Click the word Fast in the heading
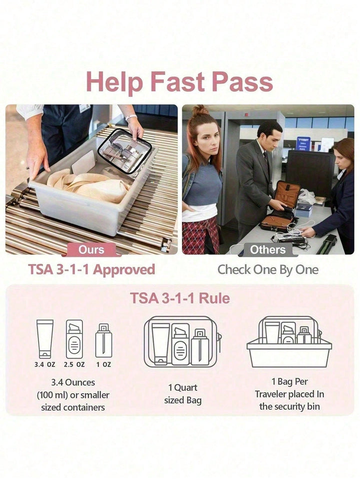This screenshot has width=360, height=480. [x=178, y=82]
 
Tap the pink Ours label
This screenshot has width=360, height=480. [x=91, y=249]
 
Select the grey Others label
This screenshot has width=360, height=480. [x=267, y=249]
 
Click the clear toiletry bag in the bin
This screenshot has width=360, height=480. [x=125, y=152]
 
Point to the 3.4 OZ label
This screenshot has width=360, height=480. [x=44, y=364]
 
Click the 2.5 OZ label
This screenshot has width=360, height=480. [x=74, y=364]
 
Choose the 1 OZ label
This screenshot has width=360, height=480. [x=103, y=364]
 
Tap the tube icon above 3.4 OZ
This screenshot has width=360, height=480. [x=44, y=339]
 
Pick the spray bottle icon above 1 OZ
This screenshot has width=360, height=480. [x=103, y=340]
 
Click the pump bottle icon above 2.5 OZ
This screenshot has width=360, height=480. [x=74, y=339]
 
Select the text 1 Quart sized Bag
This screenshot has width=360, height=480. [x=182, y=394]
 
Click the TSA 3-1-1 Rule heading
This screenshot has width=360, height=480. [x=180, y=298]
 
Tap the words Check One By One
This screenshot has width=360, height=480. [x=268, y=270]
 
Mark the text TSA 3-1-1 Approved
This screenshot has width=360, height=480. [x=91, y=270]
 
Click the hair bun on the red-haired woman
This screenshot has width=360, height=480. [x=200, y=110]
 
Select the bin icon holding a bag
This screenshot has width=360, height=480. [x=289, y=342]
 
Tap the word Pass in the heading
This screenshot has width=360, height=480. [x=242, y=82]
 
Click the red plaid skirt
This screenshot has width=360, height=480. [x=200, y=235]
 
